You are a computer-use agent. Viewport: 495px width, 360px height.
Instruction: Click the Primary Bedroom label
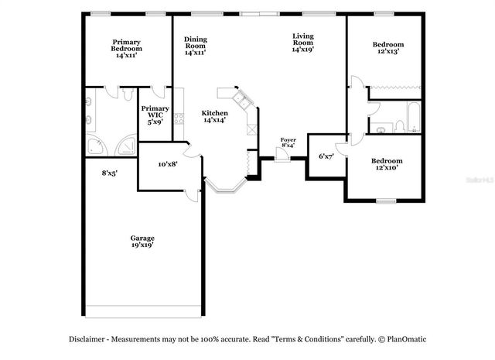pyautogui.click(x=126, y=49)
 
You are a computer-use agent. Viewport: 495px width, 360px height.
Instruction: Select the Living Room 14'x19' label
pyautogui.click(x=302, y=43)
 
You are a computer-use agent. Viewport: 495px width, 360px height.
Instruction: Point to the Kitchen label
pyautogui.click(x=215, y=116)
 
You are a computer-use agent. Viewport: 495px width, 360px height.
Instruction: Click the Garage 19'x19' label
pyautogui.click(x=142, y=241)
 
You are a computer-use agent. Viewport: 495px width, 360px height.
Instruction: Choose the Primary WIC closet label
pyautogui.click(x=155, y=115)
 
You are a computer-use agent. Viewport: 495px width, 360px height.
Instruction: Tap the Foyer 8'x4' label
pyautogui.click(x=288, y=143)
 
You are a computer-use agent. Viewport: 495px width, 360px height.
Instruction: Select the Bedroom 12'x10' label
pyautogui.click(x=386, y=164)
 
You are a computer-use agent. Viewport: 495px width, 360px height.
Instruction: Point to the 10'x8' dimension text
pyautogui.click(x=168, y=164)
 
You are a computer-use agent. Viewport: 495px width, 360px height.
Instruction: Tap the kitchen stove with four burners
pyautogui.click(x=179, y=118)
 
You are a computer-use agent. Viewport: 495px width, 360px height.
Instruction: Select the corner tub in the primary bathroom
pyautogui.click(x=97, y=145)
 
